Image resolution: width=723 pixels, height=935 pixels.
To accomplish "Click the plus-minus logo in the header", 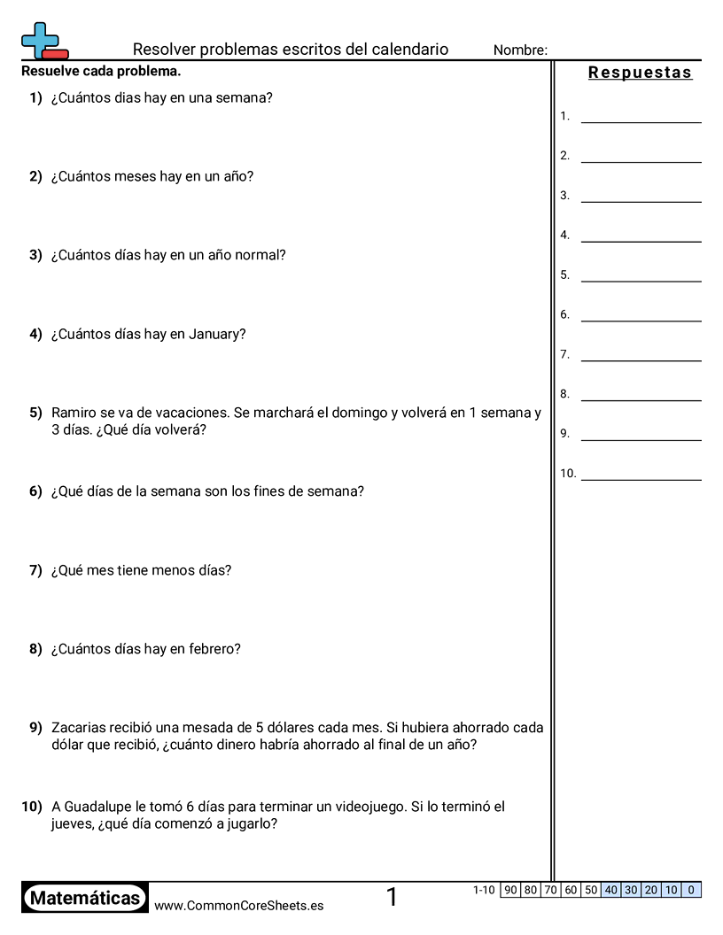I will pyautogui.click(x=43, y=41).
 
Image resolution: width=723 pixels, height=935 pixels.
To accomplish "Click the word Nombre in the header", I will pyautogui.click(x=520, y=50).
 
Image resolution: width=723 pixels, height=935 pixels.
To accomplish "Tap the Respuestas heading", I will pyautogui.click(x=640, y=73).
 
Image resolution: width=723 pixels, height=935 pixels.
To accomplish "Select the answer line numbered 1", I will pyautogui.click(x=641, y=117).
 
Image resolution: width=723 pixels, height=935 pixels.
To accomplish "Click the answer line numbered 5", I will pyautogui.click(x=641, y=275).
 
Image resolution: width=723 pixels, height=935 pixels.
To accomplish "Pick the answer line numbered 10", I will pyautogui.click(x=641, y=474).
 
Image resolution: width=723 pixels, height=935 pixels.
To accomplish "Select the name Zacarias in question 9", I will pyautogui.click(x=81, y=728).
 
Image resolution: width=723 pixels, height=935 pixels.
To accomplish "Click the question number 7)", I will pyautogui.click(x=35, y=570).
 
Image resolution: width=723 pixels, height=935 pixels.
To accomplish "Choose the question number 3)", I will pyautogui.click(x=35, y=255).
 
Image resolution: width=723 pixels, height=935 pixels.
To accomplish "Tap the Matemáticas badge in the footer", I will pyautogui.click(x=85, y=898).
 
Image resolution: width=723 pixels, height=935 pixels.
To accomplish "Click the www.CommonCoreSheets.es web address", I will pyautogui.click(x=238, y=906).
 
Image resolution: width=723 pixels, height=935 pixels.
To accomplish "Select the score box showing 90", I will pyautogui.click(x=510, y=890).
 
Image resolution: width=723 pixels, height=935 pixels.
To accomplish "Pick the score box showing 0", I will pyautogui.click(x=691, y=890).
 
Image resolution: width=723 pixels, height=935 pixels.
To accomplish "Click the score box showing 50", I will pyautogui.click(x=591, y=890).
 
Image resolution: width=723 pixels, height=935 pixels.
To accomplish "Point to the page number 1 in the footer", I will pyautogui.click(x=392, y=898).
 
